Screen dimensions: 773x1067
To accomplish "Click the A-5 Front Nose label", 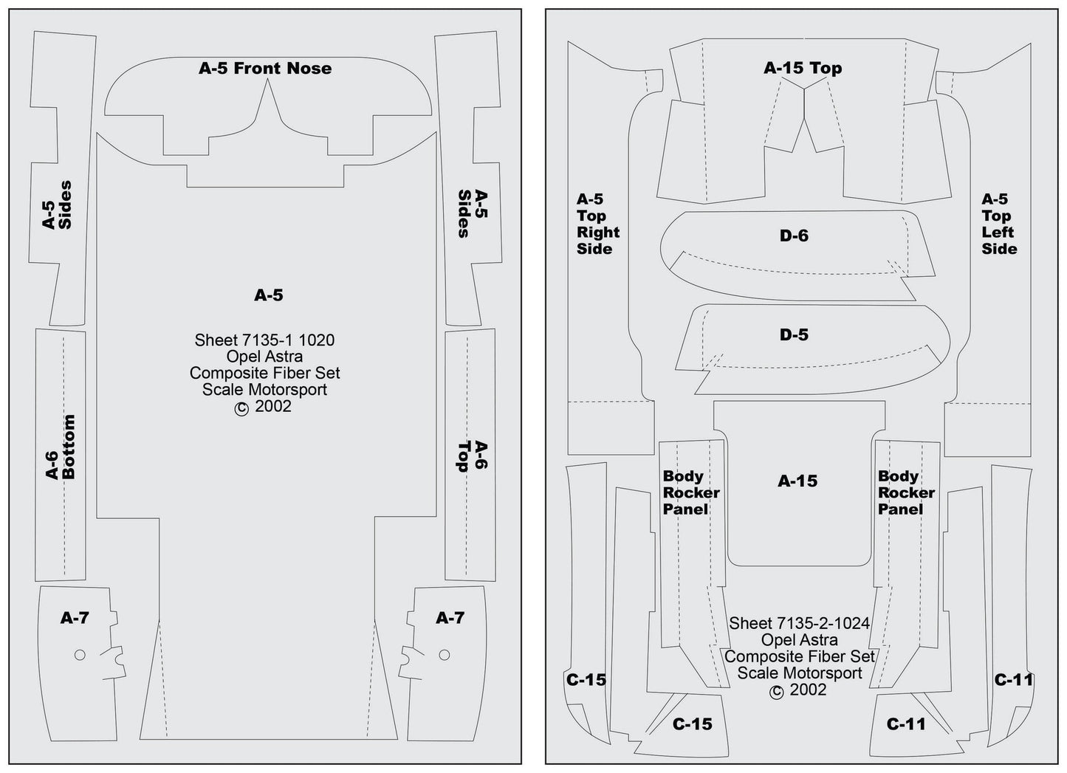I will (x=265, y=69).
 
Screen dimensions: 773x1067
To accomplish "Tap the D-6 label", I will (x=794, y=236).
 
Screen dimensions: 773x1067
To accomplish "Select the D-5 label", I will (x=794, y=335).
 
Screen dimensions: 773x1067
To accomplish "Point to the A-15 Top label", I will (x=803, y=69).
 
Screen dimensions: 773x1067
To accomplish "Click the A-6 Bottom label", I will (x=61, y=447).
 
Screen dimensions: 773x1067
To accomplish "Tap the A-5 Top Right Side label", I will (x=597, y=224).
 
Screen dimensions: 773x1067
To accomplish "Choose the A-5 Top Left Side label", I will (x=998, y=224).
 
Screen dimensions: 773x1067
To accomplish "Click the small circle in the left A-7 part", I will (x=80, y=655).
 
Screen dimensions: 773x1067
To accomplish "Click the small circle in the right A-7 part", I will (x=444, y=655).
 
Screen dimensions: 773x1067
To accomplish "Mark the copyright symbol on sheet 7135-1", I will (x=241, y=408).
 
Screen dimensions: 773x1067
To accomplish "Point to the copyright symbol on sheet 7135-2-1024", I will (x=776, y=692).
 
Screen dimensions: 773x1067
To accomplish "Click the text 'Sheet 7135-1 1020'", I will (x=264, y=340).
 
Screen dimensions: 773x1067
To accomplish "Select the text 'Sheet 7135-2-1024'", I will (x=799, y=624).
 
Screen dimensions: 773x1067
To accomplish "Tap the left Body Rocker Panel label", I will (x=690, y=492).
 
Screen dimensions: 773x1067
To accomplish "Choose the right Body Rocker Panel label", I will (x=906, y=492).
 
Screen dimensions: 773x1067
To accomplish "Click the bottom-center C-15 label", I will (x=692, y=724).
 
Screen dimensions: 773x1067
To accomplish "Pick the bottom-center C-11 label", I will (x=906, y=724).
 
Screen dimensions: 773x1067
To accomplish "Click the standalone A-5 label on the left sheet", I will (x=268, y=295).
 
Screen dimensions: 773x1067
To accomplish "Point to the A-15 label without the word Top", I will (x=797, y=481).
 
